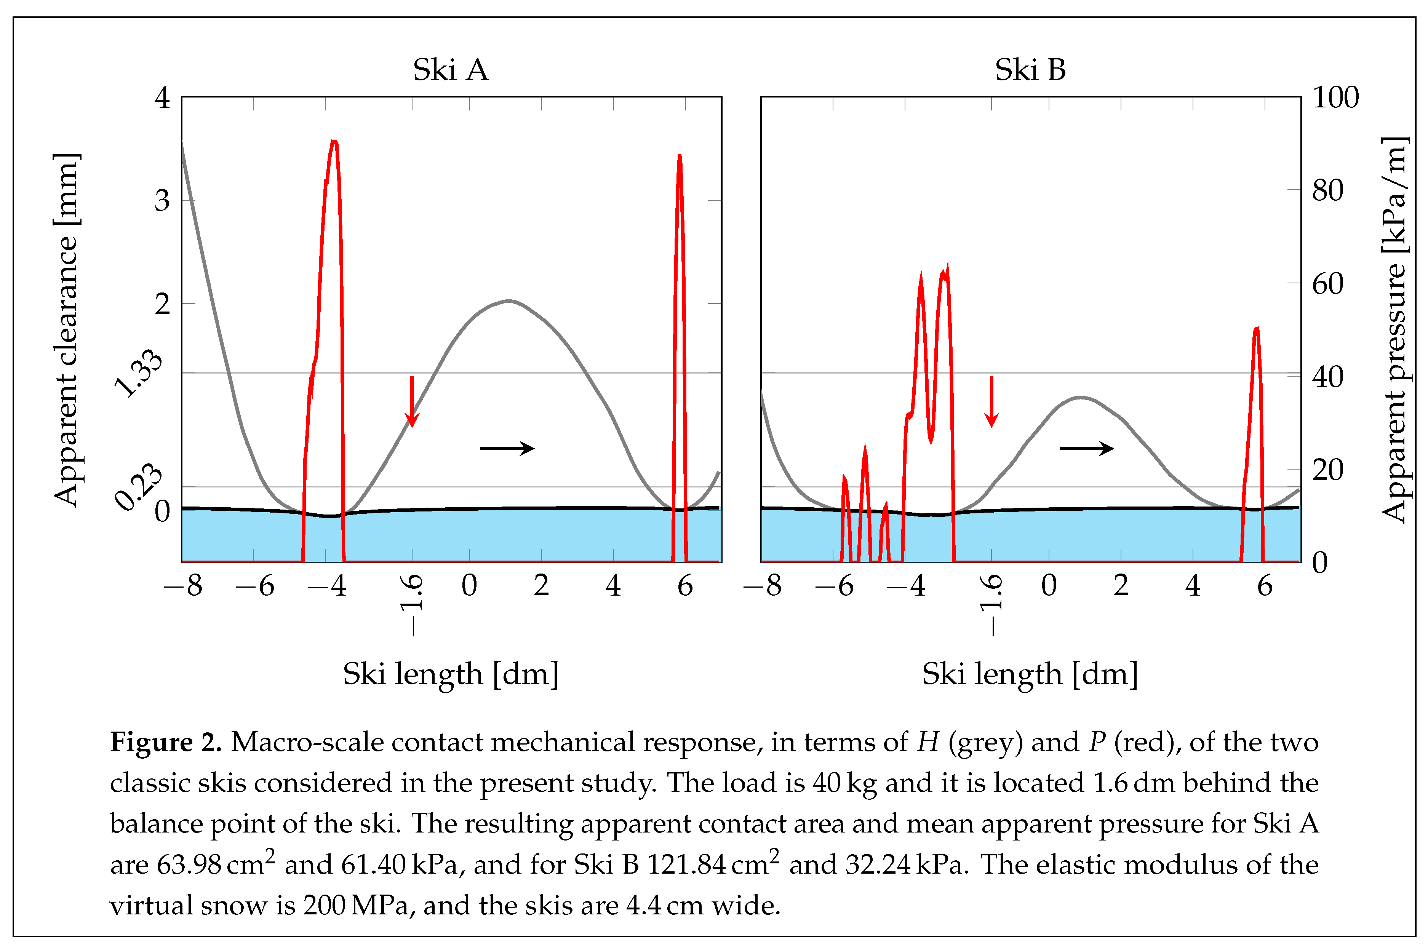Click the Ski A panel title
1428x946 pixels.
pyautogui.click(x=450, y=70)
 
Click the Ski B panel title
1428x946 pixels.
pyautogui.click(x=1030, y=70)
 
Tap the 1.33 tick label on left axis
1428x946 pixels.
pyautogui.click(x=138, y=374)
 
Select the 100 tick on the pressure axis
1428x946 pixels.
pyautogui.click(x=1335, y=98)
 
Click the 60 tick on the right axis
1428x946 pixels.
pyautogui.click(x=1327, y=284)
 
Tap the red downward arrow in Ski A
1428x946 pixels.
pyautogui.click(x=412, y=401)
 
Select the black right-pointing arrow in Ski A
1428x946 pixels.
pyautogui.click(x=507, y=448)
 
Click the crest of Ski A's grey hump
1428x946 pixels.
pyautogui.click(x=509, y=301)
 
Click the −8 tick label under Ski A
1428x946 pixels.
pyautogui.click(x=183, y=586)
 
